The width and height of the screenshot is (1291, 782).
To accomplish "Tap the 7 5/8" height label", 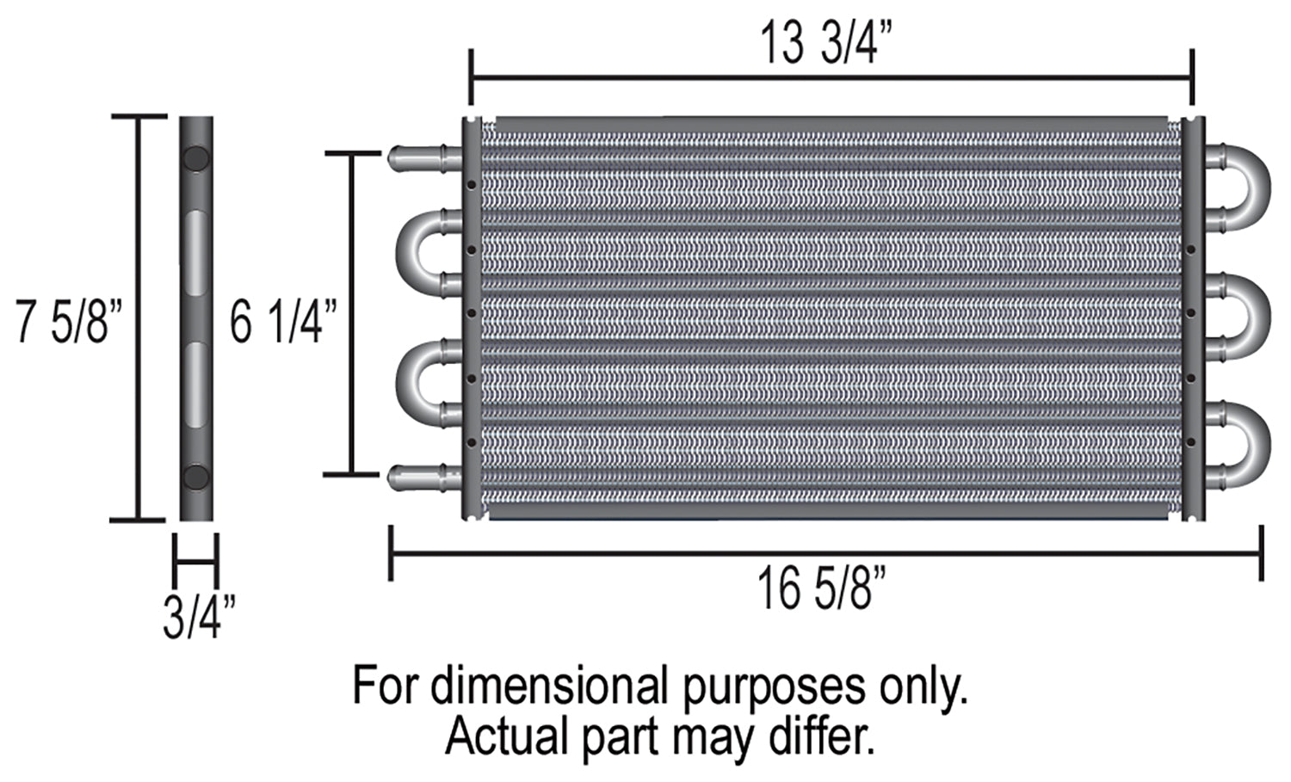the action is click(x=69, y=321).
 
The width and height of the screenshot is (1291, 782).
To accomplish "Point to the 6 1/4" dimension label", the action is click(x=283, y=322).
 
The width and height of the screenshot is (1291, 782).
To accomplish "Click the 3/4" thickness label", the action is click(x=199, y=618).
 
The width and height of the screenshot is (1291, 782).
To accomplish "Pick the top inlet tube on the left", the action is click(x=425, y=158).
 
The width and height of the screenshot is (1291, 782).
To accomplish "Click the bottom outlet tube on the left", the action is click(x=425, y=477).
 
